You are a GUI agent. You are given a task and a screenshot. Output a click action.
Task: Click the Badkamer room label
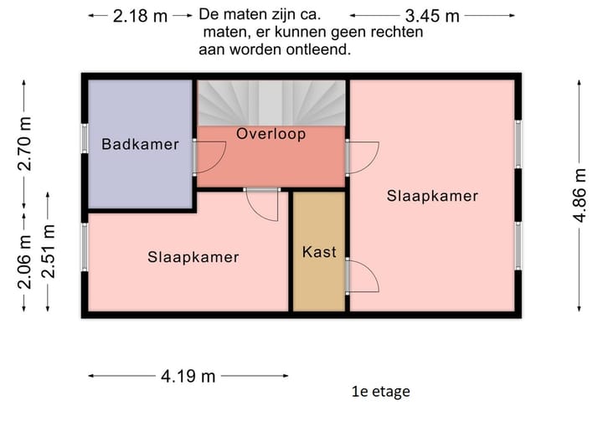coord(140,144)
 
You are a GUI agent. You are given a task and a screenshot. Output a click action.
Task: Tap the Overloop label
coord(271,134)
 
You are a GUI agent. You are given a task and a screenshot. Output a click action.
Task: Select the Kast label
coord(319,251)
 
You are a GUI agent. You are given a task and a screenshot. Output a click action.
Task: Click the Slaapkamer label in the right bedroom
coord(432,196)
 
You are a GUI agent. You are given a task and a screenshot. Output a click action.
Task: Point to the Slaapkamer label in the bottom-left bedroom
coord(193,257)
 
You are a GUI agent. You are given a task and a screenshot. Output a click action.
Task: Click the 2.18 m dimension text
coord(140,16)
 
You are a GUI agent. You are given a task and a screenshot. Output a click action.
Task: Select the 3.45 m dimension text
coord(431,16)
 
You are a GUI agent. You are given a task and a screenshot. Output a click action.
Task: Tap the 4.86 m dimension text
coord(580,195)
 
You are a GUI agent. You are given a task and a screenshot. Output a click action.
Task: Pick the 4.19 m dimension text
coord(188,376)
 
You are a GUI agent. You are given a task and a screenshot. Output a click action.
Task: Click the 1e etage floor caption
coord(381,391)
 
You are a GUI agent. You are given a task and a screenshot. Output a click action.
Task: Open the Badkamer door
coord(209,157)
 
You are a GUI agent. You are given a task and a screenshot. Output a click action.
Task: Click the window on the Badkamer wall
coord(85,138)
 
